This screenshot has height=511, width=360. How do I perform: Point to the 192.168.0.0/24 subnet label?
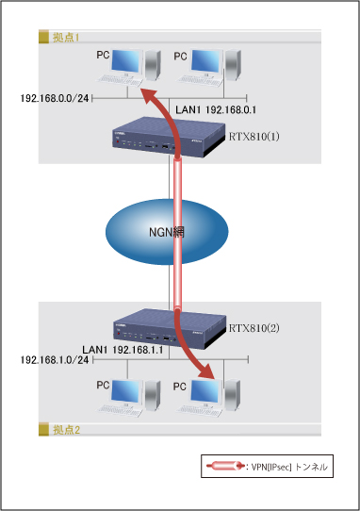click(56, 97)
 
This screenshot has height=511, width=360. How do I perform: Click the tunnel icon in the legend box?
click(222, 467)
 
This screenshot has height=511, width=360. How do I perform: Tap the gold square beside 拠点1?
click(42, 37)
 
